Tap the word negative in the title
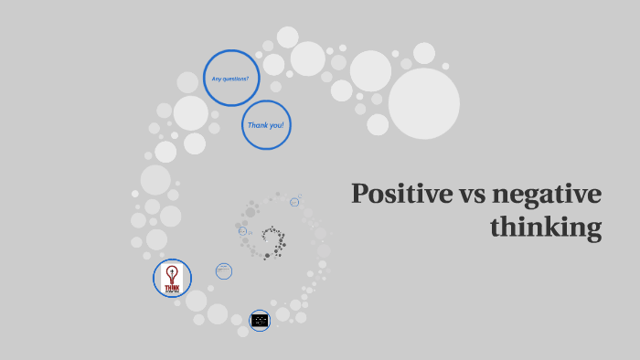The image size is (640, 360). pyautogui.click(x=546, y=195)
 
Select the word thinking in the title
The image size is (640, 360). pyautogui.click(x=546, y=226)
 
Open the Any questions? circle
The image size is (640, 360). pyautogui.click(x=231, y=79)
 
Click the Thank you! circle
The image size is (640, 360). pyautogui.click(x=266, y=125)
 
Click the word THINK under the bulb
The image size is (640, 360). pyautogui.click(x=171, y=287)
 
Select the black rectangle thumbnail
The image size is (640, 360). pyautogui.click(x=260, y=320)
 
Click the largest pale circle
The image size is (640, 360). pyautogui.click(x=424, y=103)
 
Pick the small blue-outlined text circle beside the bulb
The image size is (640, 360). pyautogui.click(x=224, y=270)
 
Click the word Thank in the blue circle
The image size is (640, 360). pyautogui.click(x=257, y=125)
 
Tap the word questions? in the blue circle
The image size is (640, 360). pyautogui.click(x=236, y=79)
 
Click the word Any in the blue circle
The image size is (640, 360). pyautogui.click(x=216, y=79)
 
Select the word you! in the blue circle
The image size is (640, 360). pyautogui.click(x=277, y=125)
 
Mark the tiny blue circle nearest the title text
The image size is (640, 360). pyautogui.click(x=294, y=202)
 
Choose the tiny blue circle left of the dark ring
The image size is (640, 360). pyautogui.click(x=243, y=231)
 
